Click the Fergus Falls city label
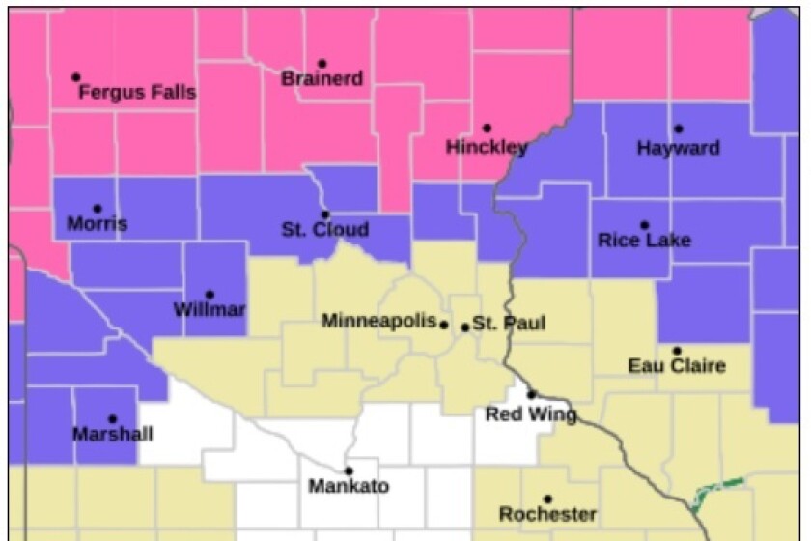coord(136,94)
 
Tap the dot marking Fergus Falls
coord(76,77)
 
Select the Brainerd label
coord(322,79)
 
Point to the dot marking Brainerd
coord(322,63)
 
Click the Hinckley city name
coord(487,148)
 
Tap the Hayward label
coord(678,148)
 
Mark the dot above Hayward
coord(678,128)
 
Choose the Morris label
coord(97,225)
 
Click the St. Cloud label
coord(324,230)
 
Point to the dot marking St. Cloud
coord(325,214)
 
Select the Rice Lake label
coord(644,241)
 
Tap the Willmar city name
coord(210,310)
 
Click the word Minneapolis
coord(378,321)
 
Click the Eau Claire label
coord(676,366)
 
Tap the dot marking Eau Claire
coord(677,351)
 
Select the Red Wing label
coord(530,414)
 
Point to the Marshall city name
coord(112,435)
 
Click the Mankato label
coord(349,486)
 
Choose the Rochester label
coord(547,514)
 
